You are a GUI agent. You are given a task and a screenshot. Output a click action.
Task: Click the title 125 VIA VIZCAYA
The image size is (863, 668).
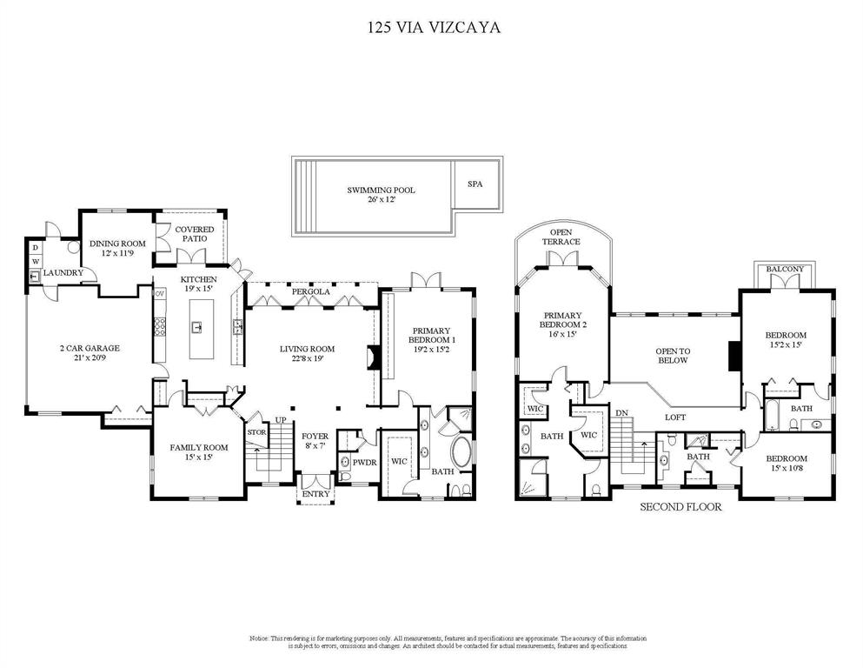(431, 27)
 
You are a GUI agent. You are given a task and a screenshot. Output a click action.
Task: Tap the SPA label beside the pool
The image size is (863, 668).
(475, 184)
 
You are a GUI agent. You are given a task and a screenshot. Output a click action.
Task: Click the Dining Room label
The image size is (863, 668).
(116, 248)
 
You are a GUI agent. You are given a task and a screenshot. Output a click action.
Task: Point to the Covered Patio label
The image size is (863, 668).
(195, 235)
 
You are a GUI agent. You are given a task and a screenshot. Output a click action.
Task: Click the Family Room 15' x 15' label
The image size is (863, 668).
(199, 452)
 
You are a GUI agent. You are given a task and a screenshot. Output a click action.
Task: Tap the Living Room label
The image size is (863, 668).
(307, 354)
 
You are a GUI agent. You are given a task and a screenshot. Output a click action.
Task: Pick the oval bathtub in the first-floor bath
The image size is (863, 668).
(461, 454)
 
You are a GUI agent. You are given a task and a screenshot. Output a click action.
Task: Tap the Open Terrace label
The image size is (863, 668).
(561, 237)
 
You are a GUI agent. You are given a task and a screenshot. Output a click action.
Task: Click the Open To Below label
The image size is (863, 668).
(672, 355)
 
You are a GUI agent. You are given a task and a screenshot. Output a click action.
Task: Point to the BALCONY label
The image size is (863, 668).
(785, 270)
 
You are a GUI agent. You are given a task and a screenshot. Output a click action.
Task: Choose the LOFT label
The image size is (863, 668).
(675, 417)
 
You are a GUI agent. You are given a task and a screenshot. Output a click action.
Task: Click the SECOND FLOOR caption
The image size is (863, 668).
(680, 506)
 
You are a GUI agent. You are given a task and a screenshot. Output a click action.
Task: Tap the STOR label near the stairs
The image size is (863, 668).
(256, 431)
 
